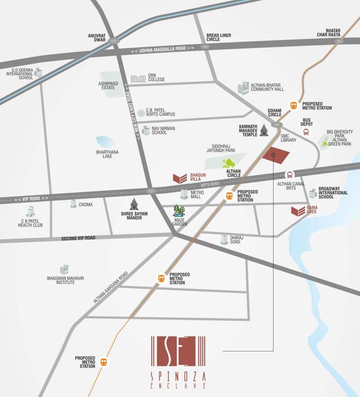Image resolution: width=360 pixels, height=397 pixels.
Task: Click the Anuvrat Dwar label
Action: click(x=97, y=38)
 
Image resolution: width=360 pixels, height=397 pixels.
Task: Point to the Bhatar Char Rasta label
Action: click(x=329, y=33)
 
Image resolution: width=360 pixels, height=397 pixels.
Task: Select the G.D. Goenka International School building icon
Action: click(x=38, y=72)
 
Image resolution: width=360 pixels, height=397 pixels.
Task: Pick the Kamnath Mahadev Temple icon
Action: click(x=264, y=130)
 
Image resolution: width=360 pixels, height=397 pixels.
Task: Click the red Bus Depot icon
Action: click(x=307, y=132)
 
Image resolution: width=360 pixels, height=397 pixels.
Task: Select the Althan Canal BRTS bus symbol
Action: click(x=290, y=175)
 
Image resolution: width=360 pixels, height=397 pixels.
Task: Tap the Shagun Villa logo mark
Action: click(x=180, y=178)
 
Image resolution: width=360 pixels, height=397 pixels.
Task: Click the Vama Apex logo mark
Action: click(x=298, y=211)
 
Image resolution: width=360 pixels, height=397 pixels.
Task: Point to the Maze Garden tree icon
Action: click(x=179, y=211)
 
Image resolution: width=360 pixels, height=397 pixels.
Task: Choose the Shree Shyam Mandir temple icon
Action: click(x=134, y=204)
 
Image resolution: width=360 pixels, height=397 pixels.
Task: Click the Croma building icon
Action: click(x=73, y=204)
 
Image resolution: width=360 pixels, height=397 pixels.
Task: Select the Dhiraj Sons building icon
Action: click(x=224, y=239)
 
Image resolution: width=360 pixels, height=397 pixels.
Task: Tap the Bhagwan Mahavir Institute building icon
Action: click(x=64, y=269)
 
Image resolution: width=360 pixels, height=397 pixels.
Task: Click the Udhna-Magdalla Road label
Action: click(x=163, y=49)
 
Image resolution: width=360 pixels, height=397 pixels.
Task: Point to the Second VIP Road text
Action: click(x=78, y=238)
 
